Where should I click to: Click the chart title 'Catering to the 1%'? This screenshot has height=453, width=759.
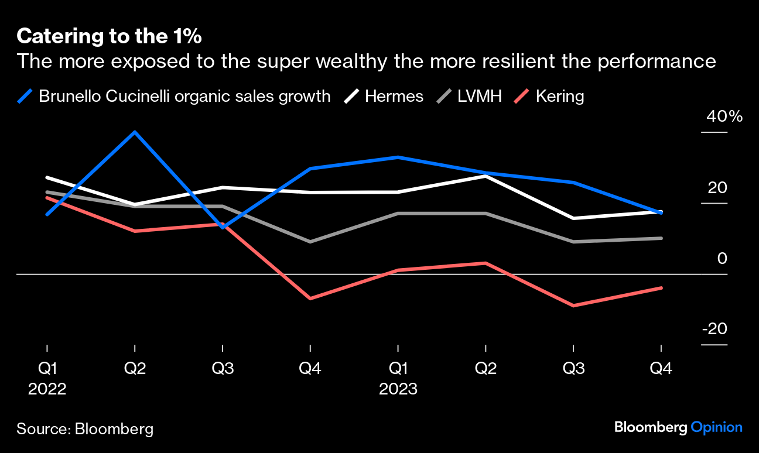pos(109,36)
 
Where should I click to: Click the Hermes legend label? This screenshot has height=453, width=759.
pos(394,96)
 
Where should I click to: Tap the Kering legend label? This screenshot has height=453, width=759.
pos(559,96)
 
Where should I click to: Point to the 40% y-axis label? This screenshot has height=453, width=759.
pos(724,116)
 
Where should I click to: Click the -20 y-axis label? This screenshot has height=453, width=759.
pos(714,329)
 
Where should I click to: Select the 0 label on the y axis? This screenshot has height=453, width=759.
pos(722,258)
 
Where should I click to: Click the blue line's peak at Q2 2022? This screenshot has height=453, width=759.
pos(135,132)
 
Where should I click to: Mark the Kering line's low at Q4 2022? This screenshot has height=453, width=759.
pos(310,298)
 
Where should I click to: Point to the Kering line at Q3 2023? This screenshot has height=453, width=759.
pos(573,306)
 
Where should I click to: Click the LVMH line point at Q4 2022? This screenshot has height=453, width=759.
pos(310,241)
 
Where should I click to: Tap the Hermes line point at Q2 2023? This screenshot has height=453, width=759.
pos(486,176)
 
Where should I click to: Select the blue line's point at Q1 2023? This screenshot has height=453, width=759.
pos(398,157)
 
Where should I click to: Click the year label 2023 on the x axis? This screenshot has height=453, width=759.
pos(398,389)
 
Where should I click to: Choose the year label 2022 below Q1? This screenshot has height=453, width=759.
pos(47,389)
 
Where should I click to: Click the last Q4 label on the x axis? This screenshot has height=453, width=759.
pos(661,369)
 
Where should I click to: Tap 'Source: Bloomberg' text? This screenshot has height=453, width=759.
pos(85,429)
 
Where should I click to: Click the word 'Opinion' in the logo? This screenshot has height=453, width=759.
pos(716,427)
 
